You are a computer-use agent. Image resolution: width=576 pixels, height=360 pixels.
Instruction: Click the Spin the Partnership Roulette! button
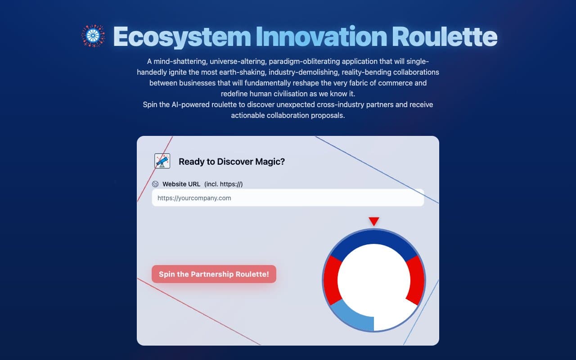tap(214, 274)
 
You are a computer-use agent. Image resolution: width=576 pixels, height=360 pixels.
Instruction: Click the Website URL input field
tap(288, 198)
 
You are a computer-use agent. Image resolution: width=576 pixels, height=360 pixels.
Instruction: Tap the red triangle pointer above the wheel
tap(374, 221)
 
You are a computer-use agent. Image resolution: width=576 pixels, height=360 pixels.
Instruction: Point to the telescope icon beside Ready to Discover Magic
tap(162, 161)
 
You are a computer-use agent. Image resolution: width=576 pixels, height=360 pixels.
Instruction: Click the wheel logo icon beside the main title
tap(93, 36)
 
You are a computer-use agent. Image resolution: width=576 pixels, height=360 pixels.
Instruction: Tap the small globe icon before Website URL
tap(155, 184)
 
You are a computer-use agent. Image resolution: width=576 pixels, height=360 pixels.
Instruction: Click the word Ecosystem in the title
tap(182, 36)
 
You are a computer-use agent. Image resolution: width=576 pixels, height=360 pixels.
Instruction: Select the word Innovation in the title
tap(321, 36)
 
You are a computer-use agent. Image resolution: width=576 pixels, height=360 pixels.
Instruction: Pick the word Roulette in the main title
tap(444, 36)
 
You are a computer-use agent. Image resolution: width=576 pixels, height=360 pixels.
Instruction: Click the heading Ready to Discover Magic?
tap(232, 162)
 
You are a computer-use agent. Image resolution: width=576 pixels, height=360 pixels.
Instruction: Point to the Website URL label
tap(181, 184)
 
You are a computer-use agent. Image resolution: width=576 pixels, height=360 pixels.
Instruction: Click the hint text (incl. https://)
tap(224, 184)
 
